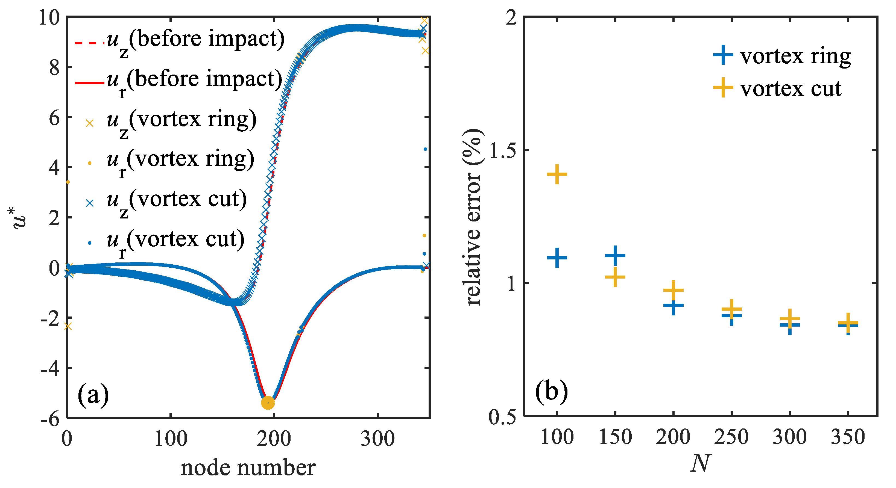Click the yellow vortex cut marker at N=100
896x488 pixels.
pos(557,174)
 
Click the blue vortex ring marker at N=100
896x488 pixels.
pos(557,258)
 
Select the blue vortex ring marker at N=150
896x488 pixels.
pos(615,256)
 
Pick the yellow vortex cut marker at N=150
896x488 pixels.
pos(615,277)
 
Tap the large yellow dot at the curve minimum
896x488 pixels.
pos(268,403)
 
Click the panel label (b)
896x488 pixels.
pos(551,392)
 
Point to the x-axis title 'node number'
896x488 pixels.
pos(248,468)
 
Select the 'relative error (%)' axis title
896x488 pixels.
pos(473,217)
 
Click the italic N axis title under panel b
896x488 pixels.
pos(700,464)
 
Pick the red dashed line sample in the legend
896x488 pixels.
pos(89,43)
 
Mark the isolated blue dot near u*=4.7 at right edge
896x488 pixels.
pos(425,149)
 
